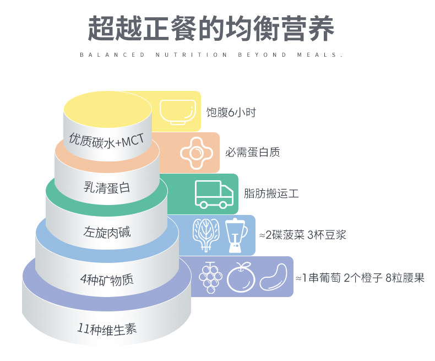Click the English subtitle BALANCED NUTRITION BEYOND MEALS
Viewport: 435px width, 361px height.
pyautogui.click(x=211, y=55)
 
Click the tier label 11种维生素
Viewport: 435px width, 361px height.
pyautogui.click(x=107, y=329)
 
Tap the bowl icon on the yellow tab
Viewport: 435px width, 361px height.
pyautogui.click(x=178, y=112)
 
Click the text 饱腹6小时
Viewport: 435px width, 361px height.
pyautogui.click(x=231, y=112)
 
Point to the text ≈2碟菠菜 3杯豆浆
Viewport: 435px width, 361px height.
pyautogui.click(x=302, y=235)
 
